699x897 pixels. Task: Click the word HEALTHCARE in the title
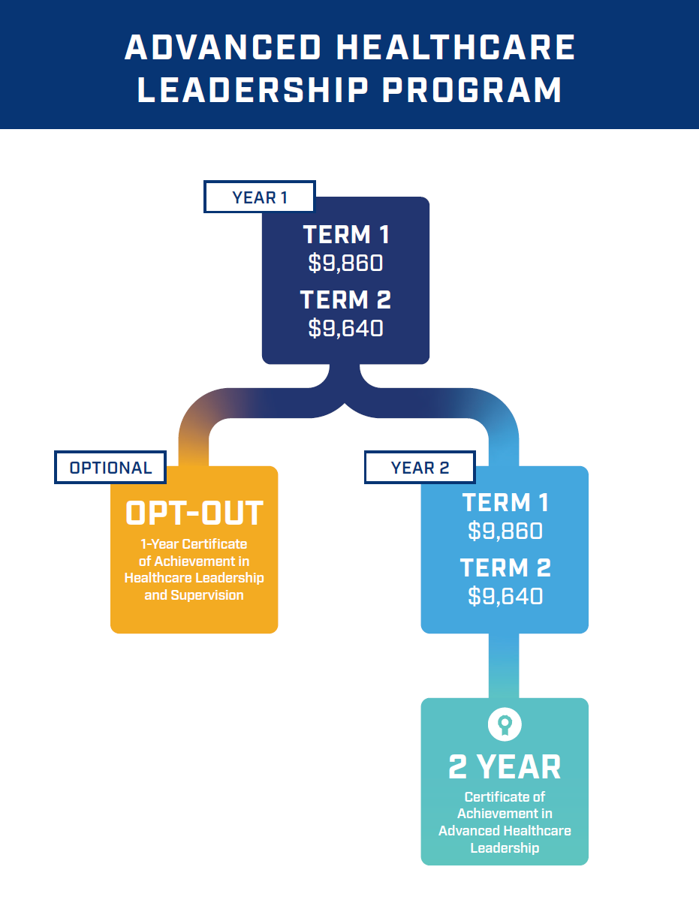(x=456, y=49)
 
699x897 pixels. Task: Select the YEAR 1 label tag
(x=260, y=197)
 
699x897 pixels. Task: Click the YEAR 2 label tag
(x=420, y=468)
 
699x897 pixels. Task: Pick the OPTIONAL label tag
(x=110, y=468)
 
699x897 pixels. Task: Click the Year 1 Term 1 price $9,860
(x=345, y=263)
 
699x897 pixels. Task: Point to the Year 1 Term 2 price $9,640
(x=345, y=328)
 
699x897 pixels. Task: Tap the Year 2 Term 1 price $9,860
(x=505, y=531)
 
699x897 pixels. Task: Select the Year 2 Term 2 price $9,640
(x=505, y=596)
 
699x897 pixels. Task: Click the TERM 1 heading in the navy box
(x=346, y=235)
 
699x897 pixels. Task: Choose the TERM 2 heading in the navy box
(x=346, y=300)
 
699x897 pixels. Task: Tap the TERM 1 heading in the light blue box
(x=505, y=503)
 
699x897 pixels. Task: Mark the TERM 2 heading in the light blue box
(x=505, y=568)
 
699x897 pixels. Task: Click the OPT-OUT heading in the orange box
(x=194, y=514)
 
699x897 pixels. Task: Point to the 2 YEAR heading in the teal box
(x=505, y=767)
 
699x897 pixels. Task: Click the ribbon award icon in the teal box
(x=505, y=725)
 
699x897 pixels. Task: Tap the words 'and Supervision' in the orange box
(x=194, y=595)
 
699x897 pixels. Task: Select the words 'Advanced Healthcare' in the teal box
(x=505, y=831)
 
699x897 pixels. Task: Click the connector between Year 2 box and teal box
(x=504, y=666)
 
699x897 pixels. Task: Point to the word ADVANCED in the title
(x=224, y=49)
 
